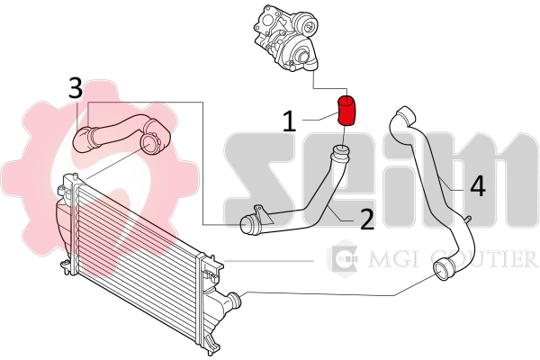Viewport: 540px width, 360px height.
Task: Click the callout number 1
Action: click(290, 121)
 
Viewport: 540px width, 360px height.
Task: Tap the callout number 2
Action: click(366, 219)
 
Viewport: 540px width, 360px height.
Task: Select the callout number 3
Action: click(76, 89)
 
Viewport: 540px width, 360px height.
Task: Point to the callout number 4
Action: click(477, 185)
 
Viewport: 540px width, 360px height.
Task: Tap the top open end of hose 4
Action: click(402, 114)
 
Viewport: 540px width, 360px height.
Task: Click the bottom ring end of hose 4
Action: click(444, 269)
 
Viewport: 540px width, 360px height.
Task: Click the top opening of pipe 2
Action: click(341, 149)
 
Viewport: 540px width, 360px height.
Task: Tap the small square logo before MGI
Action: click(343, 259)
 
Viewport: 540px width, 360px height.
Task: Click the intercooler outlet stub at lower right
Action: click(232, 301)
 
